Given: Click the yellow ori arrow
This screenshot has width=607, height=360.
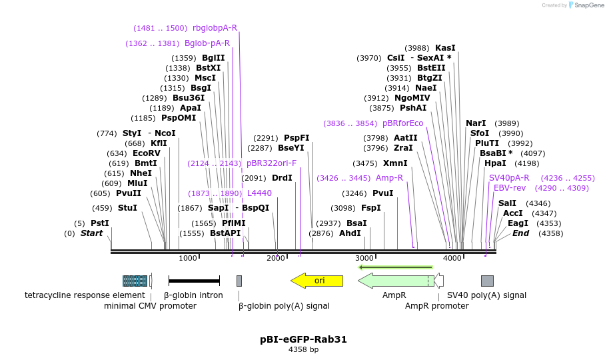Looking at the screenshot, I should tap(317, 281).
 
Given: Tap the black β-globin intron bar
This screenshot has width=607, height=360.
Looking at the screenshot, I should tap(194, 281).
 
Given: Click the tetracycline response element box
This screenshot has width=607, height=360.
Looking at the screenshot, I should tap(135, 281).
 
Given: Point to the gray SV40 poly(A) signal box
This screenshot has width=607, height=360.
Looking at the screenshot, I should tap(487, 281).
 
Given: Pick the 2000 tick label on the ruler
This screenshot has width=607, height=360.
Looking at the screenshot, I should tap(276, 258).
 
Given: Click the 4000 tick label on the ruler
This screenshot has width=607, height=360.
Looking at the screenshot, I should tap(452, 258).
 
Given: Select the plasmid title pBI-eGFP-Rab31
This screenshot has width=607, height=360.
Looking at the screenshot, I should tap(303, 339).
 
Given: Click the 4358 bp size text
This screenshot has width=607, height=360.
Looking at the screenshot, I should tap(303, 349).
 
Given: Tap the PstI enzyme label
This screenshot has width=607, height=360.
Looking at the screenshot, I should tap(100, 223).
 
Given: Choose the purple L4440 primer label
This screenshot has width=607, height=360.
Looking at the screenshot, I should tap(259, 193).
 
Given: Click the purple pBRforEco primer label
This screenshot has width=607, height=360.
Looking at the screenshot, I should tap(402, 123).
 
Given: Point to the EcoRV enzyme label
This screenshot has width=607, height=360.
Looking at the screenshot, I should tap(147, 153).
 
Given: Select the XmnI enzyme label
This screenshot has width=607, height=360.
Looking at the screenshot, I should tap(395, 163).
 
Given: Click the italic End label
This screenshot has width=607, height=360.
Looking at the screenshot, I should tap(520, 233).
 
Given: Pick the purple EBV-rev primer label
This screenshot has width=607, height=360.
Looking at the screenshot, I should tap(509, 188).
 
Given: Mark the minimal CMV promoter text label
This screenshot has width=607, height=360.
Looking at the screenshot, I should tap(150, 306).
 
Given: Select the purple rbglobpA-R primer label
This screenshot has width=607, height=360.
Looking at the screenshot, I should tap(215, 28).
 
